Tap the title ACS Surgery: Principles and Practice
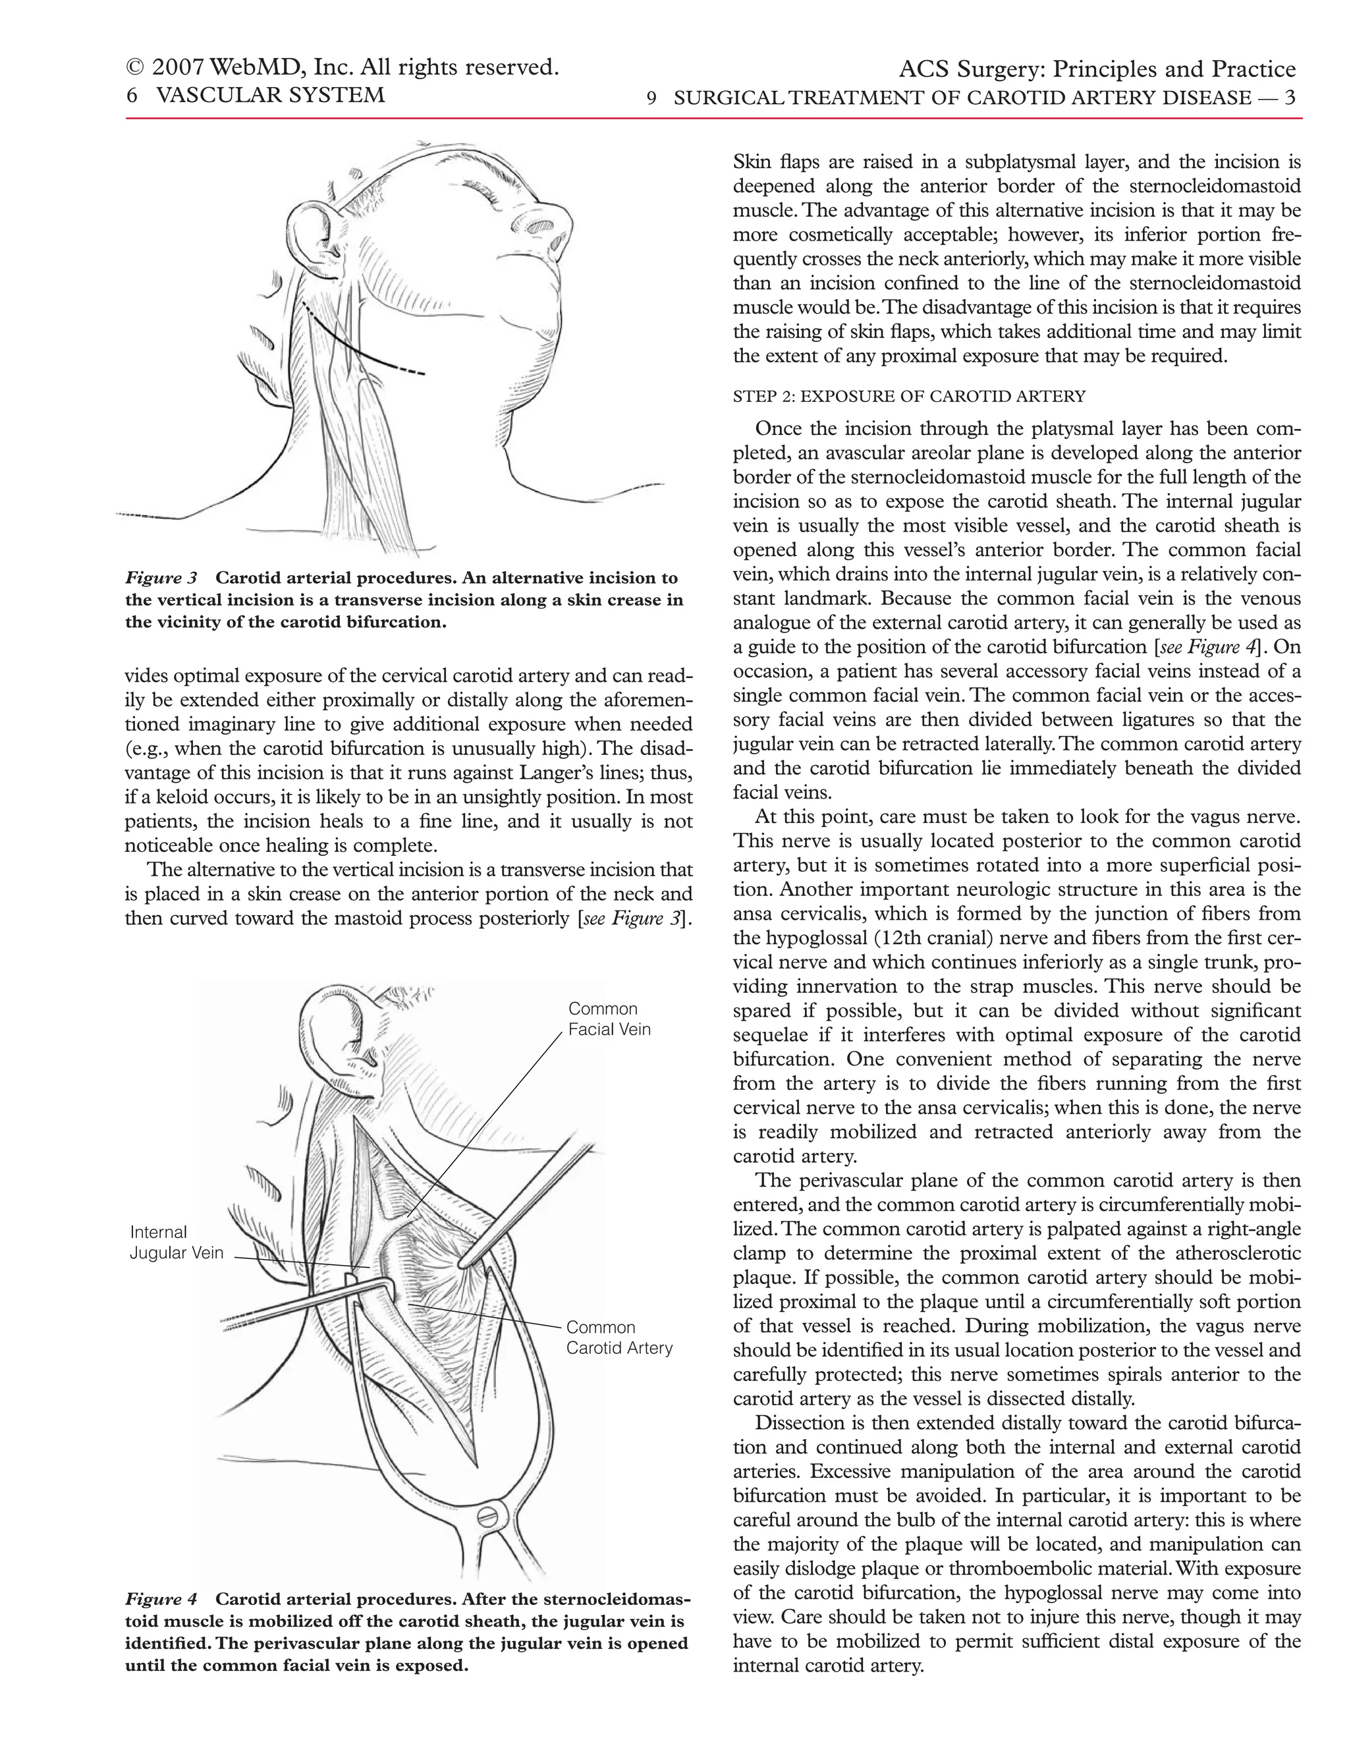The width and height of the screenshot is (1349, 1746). point(1097,70)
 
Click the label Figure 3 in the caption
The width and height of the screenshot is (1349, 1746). point(161,578)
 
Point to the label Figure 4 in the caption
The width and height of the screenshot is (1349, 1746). point(161,1599)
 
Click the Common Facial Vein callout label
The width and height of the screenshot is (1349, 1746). point(609,1019)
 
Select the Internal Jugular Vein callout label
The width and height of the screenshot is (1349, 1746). point(176,1243)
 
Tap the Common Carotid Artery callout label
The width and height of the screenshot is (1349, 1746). point(619,1338)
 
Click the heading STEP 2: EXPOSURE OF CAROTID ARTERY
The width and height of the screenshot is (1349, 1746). point(908,397)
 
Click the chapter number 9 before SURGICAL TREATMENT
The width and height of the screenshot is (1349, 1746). point(651,98)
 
